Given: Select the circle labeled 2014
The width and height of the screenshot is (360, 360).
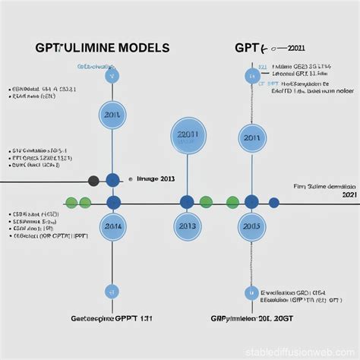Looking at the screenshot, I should (112, 226).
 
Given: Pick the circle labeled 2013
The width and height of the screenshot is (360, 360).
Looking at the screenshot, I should (187, 226).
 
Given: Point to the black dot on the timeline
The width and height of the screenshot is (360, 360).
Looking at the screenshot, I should (94, 181).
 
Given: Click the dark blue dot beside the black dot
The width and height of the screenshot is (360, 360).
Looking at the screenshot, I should (112, 180).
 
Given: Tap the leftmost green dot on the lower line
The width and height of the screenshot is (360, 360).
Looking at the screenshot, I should (71, 203).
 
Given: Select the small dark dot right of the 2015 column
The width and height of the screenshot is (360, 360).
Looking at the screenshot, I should (274, 203).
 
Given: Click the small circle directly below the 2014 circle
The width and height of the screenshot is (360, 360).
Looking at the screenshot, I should (112, 291).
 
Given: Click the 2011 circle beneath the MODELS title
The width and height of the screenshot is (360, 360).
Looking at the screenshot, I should (112, 115).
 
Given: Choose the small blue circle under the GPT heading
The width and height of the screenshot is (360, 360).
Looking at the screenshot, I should (251, 76).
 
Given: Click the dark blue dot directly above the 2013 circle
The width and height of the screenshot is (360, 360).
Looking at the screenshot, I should (187, 202).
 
